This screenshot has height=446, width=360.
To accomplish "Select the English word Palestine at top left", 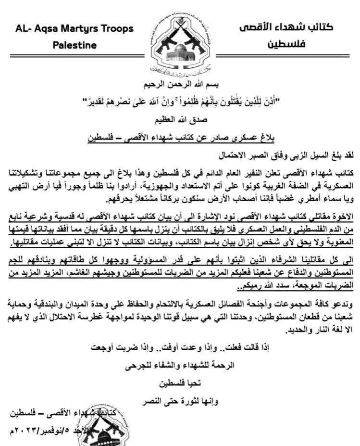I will [74, 46].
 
